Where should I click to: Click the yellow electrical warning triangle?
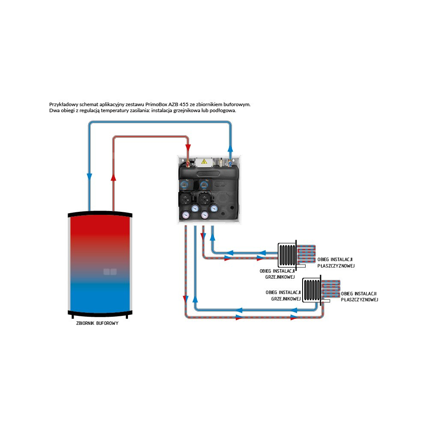[x=204, y=161]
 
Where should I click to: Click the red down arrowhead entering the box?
[x=188, y=149]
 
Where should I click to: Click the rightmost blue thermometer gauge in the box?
[x=214, y=208]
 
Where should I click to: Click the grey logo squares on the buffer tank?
[x=110, y=271]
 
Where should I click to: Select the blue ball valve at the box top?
[x=230, y=163]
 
